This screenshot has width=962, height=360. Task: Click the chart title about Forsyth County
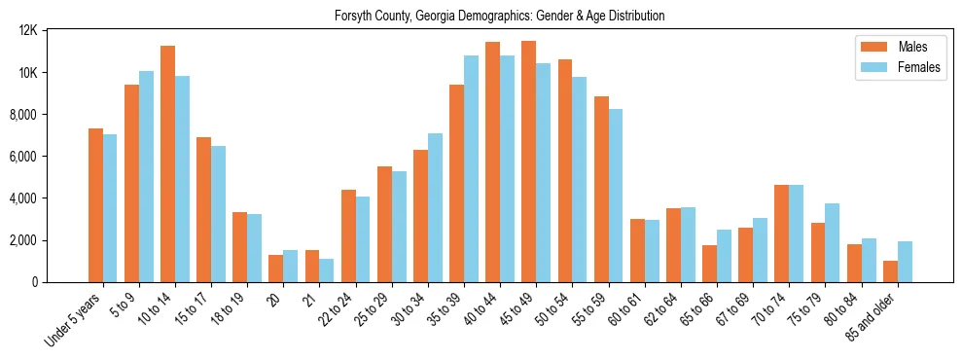pyautogui.click(x=499, y=16)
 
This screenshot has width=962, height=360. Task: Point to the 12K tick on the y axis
pyautogui.click(x=28, y=31)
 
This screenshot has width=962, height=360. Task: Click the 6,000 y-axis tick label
pyautogui.click(x=24, y=157)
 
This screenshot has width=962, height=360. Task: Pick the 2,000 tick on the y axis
pyautogui.click(x=24, y=240)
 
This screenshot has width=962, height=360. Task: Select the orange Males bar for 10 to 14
pyautogui.click(x=168, y=163)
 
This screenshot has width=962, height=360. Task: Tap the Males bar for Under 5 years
pyautogui.click(x=95, y=205)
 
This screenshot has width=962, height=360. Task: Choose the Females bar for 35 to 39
pyautogui.click(x=471, y=168)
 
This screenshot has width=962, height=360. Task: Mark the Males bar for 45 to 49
pyautogui.click(x=528, y=162)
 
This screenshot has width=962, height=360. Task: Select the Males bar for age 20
pyautogui.click(x=276, y=269)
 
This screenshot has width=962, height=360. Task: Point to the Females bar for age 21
pyautogui.click(x=327, y=270)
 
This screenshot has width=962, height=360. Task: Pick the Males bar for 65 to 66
pyautogui.click(x=709, y=264)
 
